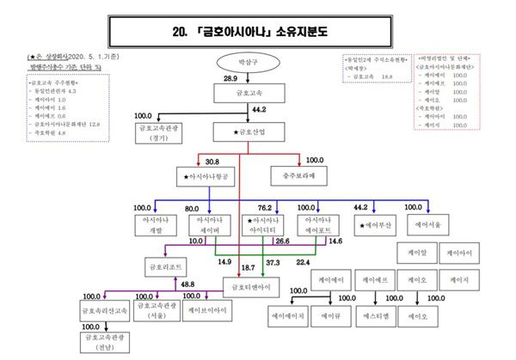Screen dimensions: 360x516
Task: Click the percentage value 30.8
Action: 214,161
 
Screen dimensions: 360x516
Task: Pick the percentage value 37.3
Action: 273,261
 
